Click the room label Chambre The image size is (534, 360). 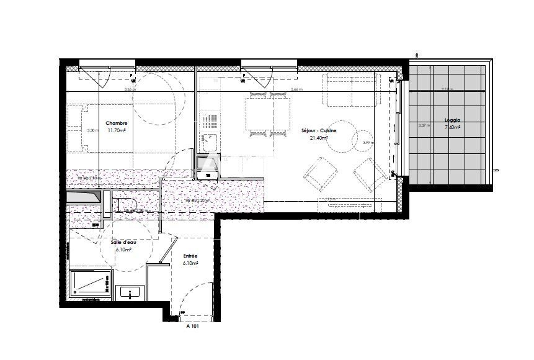[116, 123]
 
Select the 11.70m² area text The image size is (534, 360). [116, 130]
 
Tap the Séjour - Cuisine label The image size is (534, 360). [318, 130]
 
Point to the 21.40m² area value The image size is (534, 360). [318, 138]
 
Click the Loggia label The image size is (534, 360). [452, 120]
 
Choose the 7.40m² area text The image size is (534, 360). [452, 127]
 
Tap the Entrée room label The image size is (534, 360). [190, 255]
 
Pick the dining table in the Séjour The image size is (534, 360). [269, 114]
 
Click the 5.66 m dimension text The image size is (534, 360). [296, 89]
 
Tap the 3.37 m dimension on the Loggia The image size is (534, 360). [424, 125]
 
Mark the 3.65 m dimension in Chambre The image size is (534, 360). [130, 89]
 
